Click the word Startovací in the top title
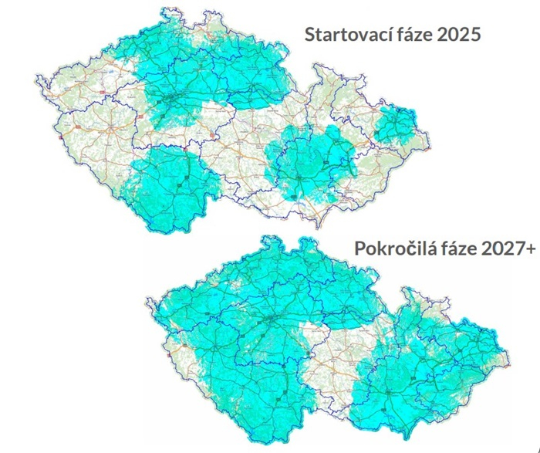pyautogui.click(x=348, y=36)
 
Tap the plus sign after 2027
pyautogui.click(x=533, y=248)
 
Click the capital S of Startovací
pyautogui.click(x=310, y=35)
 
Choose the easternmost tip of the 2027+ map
pyautogui.click(x=510, y=360)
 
